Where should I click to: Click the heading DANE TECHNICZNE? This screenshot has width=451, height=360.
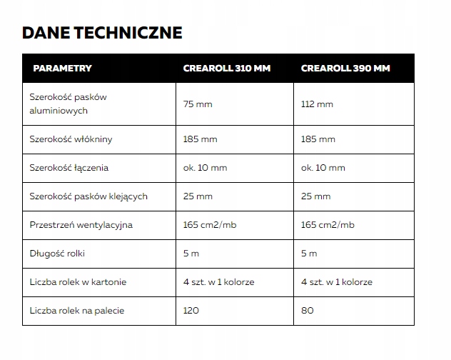pos(102,33)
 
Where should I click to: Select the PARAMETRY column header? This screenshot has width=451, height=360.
pos(62,69)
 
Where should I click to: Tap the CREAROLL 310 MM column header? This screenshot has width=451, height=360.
pos(228,69)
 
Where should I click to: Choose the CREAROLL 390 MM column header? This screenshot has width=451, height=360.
pos(345,69)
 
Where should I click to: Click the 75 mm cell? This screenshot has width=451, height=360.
pos(198,104)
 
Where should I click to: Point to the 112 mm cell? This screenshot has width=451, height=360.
pos(317,104)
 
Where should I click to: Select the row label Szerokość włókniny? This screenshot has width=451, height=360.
pos(71,139)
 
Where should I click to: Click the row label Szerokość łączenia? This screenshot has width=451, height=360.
pos(69,168)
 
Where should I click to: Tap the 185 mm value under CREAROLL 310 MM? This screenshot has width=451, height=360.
pos(200,139)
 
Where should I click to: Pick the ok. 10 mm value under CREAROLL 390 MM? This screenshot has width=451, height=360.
pos(323,168)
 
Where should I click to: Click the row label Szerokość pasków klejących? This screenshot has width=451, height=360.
pos(88,196)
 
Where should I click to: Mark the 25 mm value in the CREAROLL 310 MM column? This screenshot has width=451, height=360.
pos(198,196)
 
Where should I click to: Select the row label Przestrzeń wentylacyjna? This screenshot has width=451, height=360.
pos(81,225)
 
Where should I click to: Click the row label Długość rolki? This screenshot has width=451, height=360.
pos(59,254)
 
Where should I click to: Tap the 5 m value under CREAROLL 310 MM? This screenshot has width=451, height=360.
pos(190,254)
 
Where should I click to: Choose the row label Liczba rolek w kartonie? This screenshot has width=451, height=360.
pos(78,282)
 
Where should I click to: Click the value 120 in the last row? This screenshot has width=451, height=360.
pos(191,311)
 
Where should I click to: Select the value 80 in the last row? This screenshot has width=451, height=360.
pos(307,311)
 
